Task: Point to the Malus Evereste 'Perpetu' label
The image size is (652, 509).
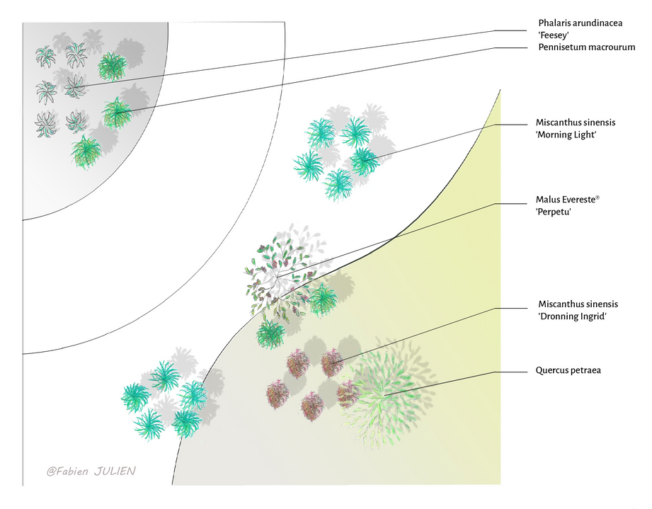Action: click(568, 206)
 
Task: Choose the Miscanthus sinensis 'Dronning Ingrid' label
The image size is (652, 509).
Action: click(573, 310)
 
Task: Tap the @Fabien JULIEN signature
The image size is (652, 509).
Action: click(91, 470)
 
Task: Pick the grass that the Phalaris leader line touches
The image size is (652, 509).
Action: click(75, 87)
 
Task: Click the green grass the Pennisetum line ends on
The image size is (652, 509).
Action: click(116, 113)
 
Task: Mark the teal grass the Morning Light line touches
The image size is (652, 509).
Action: click(364, 161)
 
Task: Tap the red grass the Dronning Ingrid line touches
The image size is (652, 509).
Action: click(331, 362)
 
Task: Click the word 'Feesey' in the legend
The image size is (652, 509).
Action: click(555, 34)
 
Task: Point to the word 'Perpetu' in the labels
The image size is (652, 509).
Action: click(555, 212)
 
